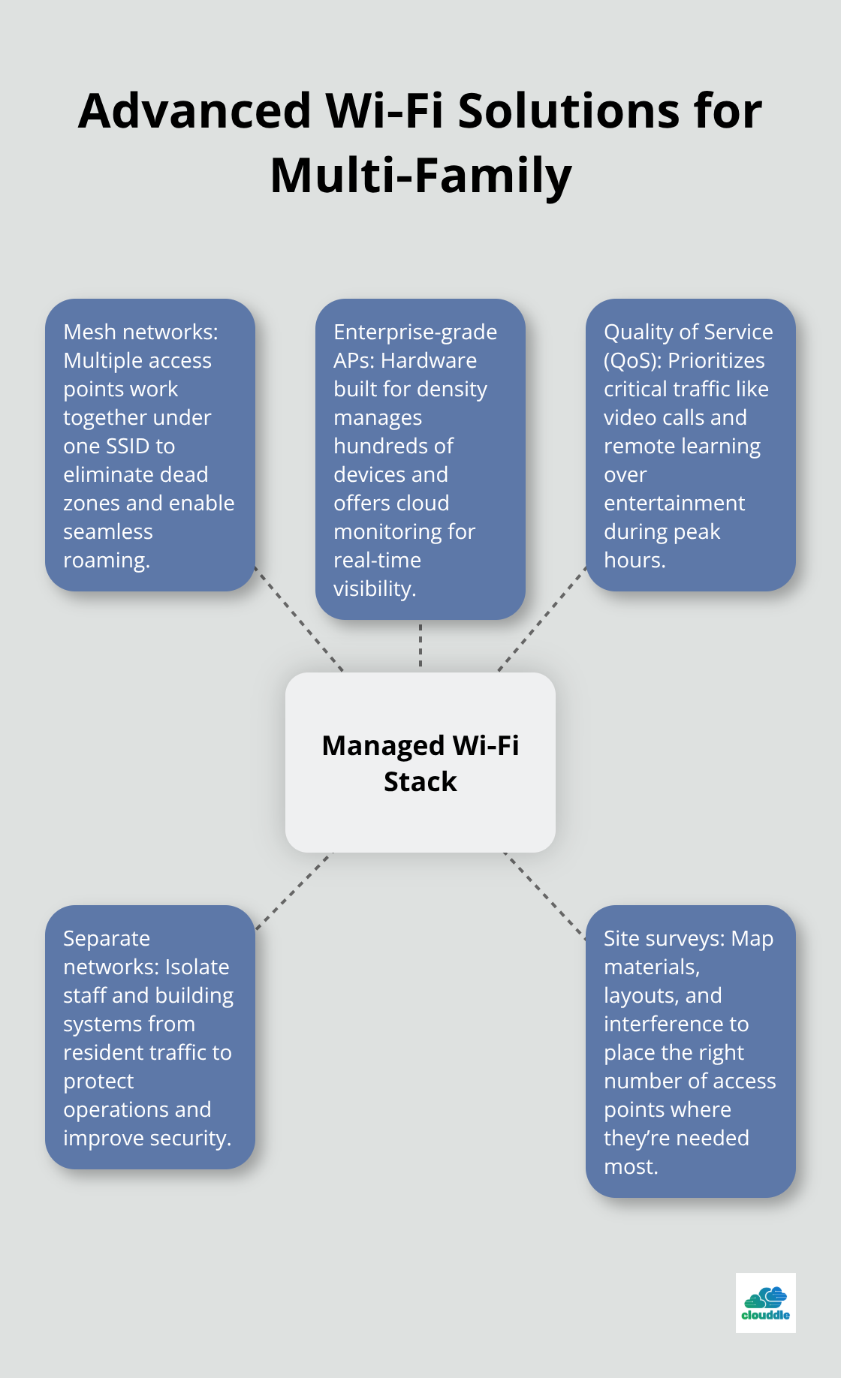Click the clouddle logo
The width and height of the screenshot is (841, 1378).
pyautogui.click(x=765, y=1303)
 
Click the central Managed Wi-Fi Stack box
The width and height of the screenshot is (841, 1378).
pyautogui.click(x=420, y=762)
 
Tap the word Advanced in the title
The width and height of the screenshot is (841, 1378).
pyautogui.click(x=194, y=111)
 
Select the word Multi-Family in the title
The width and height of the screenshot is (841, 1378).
pyautogui.click(x=420, y=176)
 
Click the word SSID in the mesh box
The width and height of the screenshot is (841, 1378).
pyautogui.click(x=137, y=447)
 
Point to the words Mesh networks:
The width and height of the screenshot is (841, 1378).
pyautogui.click(x=140, y=332)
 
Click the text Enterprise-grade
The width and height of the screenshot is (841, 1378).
pyautogui.click(x=415, y=332)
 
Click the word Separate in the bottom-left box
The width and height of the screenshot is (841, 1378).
pyautogui.click(x=107, y=939)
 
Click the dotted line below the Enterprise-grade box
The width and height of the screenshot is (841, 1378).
pyautogui.click(x=420, y=645)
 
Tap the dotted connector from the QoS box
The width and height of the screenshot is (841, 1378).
pyautogui.click(x=542, y=618)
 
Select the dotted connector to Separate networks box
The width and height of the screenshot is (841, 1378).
pyautogui.click(x=294, y=891)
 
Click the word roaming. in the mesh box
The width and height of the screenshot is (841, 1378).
pyautogui.click(x=107, y=561)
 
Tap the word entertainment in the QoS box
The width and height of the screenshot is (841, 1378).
pyautogui.click(x=674, y=504)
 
